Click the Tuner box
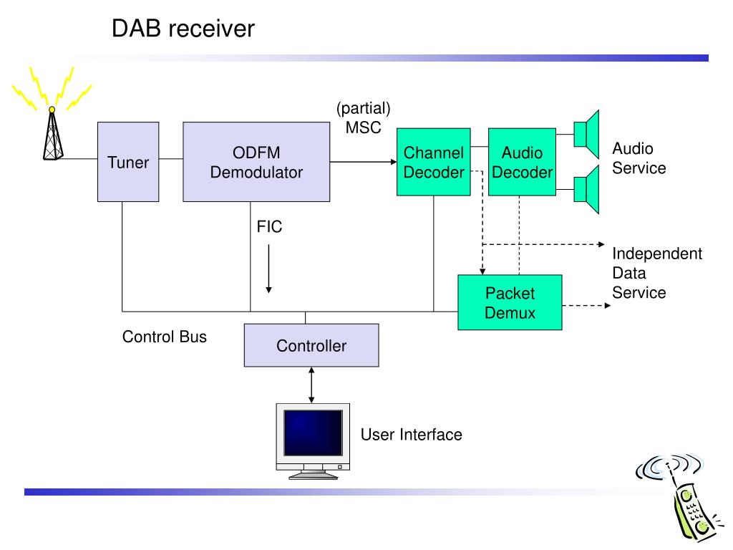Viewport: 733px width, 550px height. click(128, 162)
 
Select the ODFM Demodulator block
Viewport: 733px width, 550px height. click(256, 162)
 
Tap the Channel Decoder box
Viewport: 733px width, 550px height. click(433, 162)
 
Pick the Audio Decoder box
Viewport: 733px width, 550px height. click(522, 162)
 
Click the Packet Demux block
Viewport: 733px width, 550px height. click(510, 303)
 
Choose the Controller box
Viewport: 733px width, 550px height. click(311, 345)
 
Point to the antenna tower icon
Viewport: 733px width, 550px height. click(52, 133)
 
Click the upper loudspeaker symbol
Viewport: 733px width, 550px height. click(587, 134)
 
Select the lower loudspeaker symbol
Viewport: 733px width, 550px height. click(587, 189)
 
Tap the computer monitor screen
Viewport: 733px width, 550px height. click(314, 433)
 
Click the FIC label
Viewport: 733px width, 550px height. click(269, 227)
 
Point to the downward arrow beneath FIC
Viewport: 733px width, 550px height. click(269, 269)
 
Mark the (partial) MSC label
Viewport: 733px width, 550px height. click(363, 117)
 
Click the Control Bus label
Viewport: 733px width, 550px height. click(165, 337)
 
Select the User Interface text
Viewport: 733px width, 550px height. click(412, 435)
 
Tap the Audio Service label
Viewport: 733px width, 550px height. click(639, 158)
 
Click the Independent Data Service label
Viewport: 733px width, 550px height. click(657, 273)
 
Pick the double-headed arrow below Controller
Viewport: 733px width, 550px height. click(311, 385)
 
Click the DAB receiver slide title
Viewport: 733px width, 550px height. click(183, 29)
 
